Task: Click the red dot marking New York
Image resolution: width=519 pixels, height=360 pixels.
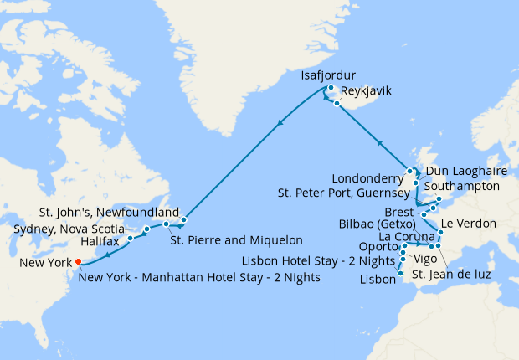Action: (x=78, y=261)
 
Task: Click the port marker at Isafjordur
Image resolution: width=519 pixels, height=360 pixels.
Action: (x=331, y=88)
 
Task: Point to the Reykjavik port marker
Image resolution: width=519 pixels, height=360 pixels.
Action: (x=337, y=104)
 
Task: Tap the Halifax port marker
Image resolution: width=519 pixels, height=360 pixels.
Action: (x=131, y=239)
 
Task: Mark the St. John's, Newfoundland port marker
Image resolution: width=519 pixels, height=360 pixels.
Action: (x=183, y=220)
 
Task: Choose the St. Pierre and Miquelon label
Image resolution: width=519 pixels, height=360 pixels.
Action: (x=236, y=241)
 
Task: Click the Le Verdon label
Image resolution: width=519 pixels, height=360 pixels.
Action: (x=468, y=224)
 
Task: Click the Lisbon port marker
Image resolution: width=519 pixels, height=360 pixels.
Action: (x=400, y=274)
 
